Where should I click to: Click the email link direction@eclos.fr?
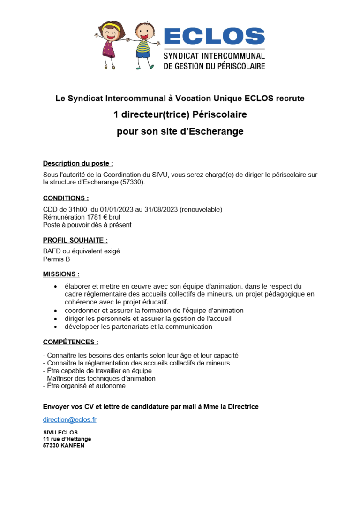(x=69, y=420)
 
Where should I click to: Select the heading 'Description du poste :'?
(x=78, y=163)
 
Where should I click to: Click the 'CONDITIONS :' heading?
(x=66, y=198)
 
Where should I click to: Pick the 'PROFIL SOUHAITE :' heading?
(x=75, y=240)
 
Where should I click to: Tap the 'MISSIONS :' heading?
(x=61, y=274)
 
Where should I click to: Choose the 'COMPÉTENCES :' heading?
(x=70, y=342)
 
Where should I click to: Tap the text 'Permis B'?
(x=56, y=259)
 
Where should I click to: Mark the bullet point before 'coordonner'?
(x=55, y=311)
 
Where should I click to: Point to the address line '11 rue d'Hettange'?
(x=67, y=439)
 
